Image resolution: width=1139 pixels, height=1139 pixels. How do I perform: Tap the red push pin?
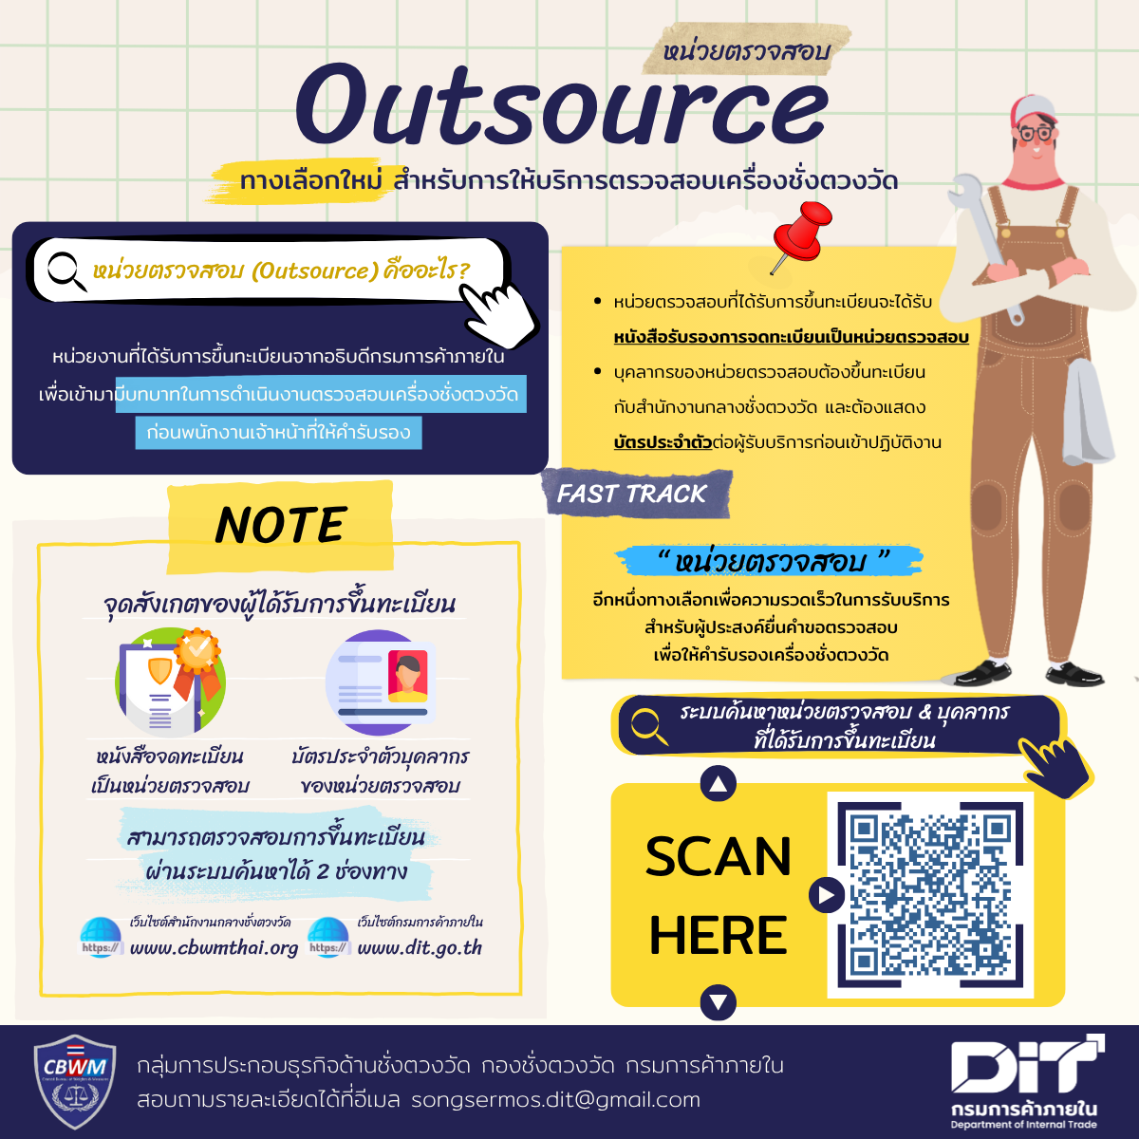pyautogui.click(x=800, y=234)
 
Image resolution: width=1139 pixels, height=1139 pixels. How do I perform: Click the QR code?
pyautogui.click(x=930, y=894)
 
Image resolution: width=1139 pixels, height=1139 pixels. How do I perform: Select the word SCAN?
pyautogui.click(x=719, y=857)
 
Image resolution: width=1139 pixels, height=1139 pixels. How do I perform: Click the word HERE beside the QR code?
pyautogui.click(x=719, y=935)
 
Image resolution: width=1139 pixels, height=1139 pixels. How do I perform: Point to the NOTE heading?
pyautogui.click(x=281, y=525)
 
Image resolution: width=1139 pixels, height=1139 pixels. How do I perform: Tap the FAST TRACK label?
pyautogui.click(x=632, y=494)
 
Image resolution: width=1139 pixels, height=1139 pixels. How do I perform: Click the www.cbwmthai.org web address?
pyautogui.click(x=214, y=947)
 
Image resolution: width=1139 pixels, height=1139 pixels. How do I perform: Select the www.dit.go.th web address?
pyautogui.click(x=420, y=947)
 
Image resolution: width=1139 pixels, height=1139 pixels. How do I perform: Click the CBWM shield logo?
pyautogui.click(x=75, y=1081)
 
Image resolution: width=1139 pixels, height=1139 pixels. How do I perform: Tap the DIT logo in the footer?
pyautogui.click(x=1025, y=1073)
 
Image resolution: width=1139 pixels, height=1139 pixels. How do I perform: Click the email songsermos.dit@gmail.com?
pyautogui.click(x=555, y=1100)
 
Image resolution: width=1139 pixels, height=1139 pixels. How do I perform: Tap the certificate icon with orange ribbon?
pyautogui.click(x=171, y=681)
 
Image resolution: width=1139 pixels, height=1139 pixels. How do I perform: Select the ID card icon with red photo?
pyautogui.click(x=382, y=682)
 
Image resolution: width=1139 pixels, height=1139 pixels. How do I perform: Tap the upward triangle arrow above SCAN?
pyautogui.click(x=719, y=784)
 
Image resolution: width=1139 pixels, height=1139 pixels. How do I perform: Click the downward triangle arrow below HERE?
pyautogui.click(x=719, y=1002)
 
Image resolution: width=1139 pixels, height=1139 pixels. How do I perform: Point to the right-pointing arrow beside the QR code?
pyautogui.click(x=826, y=894)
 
